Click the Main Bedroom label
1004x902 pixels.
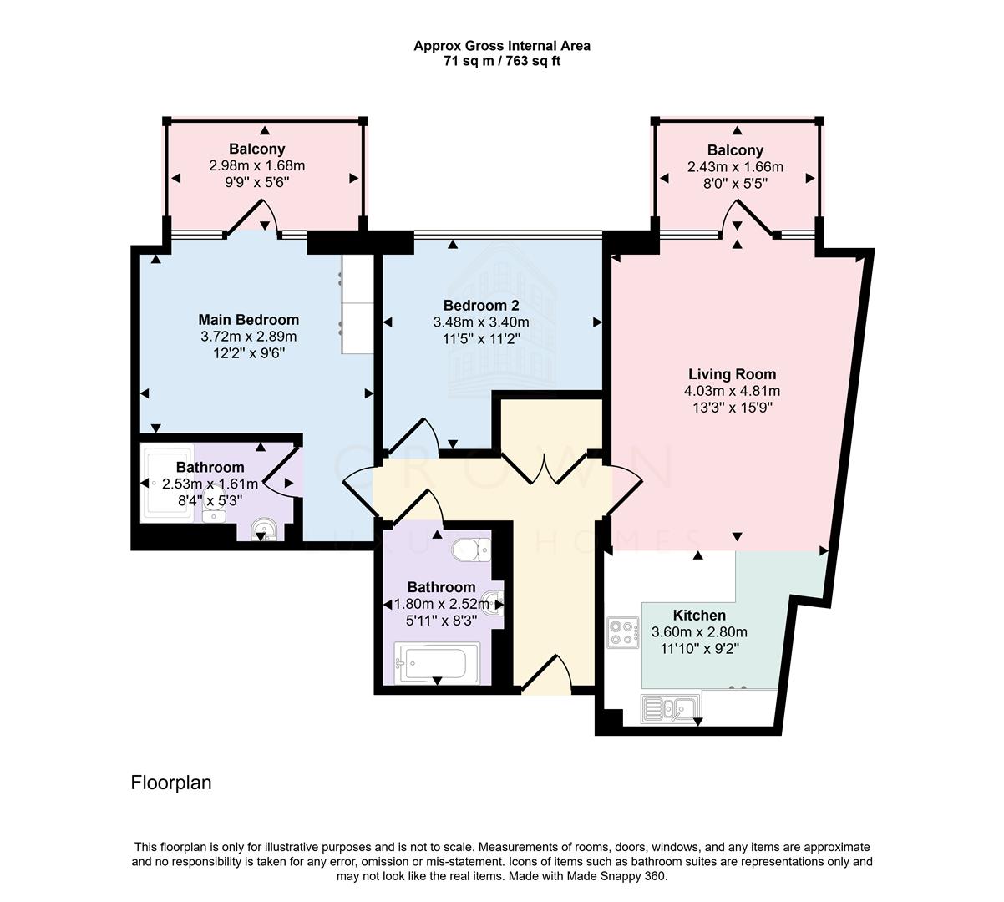[248, 320]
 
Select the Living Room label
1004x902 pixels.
[732, 374]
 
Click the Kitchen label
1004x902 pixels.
[699, 616]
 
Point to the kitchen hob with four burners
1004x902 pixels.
[622, 631]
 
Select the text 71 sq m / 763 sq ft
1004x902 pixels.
[502, 61]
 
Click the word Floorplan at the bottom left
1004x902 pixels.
[171, 783]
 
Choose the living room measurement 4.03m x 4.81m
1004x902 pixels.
[732, 391]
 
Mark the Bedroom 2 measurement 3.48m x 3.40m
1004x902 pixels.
[480, 322]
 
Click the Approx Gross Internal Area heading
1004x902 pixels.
[502, 46]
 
